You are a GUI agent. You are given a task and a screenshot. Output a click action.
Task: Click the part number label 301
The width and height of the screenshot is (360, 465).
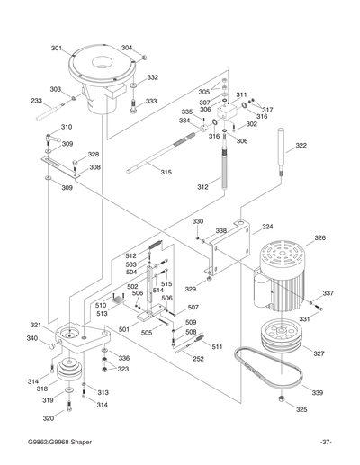coord(56,48)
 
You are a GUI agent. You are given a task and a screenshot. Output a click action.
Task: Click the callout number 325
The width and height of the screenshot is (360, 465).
coord(301,409)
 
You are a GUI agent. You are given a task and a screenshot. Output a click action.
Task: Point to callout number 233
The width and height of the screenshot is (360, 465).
coord(37,101)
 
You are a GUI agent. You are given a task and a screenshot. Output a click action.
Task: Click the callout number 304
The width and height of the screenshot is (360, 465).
coord(127,48)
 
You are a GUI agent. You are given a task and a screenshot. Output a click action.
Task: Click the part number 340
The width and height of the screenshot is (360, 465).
coord(32,338)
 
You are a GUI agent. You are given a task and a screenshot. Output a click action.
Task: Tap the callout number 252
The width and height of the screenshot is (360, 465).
coord(198,358)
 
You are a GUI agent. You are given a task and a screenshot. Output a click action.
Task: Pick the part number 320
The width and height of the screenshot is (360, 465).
coord(49,418)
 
